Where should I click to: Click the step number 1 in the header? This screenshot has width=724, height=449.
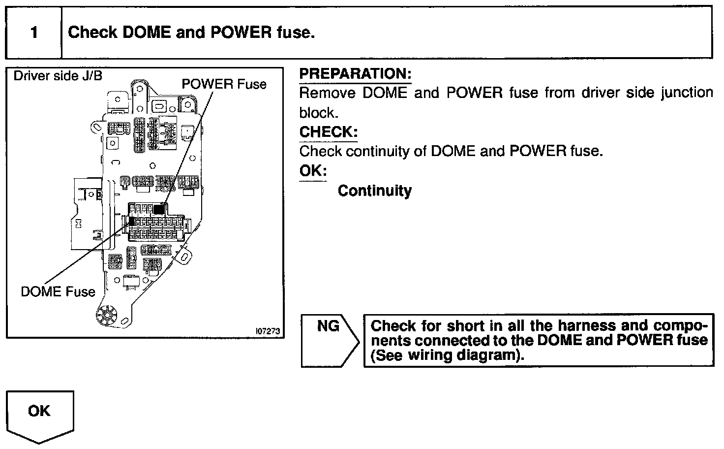click(33, 33)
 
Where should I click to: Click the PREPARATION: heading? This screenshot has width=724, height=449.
click(355, 74)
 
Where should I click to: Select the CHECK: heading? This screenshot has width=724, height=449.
click(328, 132)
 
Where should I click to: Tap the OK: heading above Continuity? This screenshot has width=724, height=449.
click(313, 171)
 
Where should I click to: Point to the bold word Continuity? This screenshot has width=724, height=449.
click(375, 191)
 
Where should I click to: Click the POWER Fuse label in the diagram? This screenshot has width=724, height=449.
click(224, 84)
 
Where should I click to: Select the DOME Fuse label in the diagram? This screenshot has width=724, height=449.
click(58, 291)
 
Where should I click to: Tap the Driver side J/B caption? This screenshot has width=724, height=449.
click(58, 76)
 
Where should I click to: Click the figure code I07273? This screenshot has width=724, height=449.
click(267, 331)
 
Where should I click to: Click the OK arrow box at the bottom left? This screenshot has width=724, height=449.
click(39, 414)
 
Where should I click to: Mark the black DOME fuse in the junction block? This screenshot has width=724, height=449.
click(131, 221)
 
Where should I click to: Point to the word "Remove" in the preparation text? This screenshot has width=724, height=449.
click(327, 93)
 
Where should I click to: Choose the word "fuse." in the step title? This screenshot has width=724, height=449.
click(295, 32)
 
